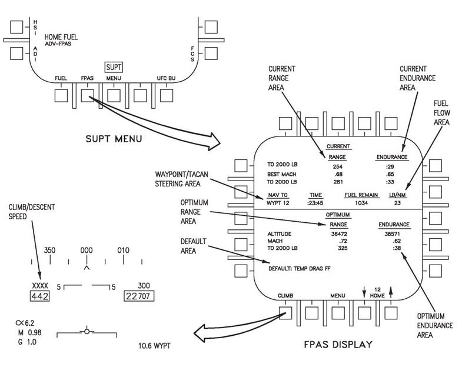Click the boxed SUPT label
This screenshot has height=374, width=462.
tap(114, 67)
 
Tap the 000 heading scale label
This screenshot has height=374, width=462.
tap(87, 251)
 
